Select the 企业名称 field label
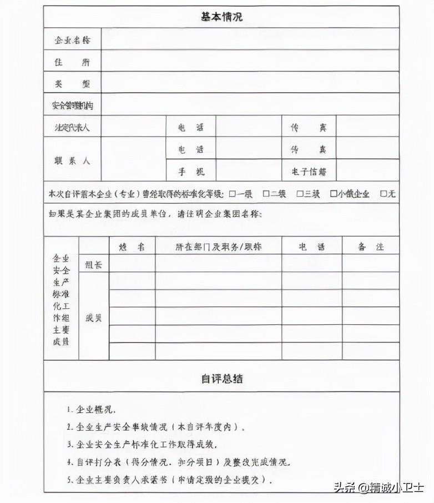pos(72,40)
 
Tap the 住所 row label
pos(72,62)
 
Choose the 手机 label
pos(191,171)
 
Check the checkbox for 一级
pos(233,194)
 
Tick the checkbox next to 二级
pos(266,194)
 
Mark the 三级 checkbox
pos(299,194)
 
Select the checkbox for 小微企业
pos(334,194)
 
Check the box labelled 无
pos(383,194)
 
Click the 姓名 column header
pos(132,247)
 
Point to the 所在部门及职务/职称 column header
pos(218,247)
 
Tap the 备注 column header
pos(370,247)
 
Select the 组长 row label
pos(93,265)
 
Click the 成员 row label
pos(93,318)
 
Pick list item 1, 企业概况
pos(90,410)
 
